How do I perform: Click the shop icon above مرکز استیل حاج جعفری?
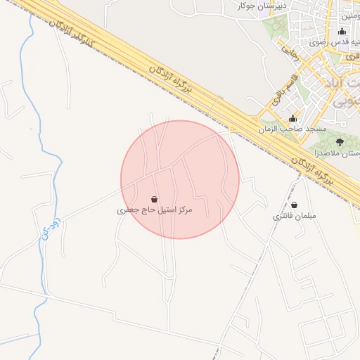pyautogui.click(x=154, y=199)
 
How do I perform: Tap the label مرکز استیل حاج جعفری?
pyautogui.click(x=154, y=210)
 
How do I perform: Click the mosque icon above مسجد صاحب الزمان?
pyautogui.click(x=293, y=118)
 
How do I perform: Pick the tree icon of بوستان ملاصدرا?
pyautogui.click(x=339, y=142)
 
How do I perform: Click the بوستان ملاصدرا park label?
pyautogui.click(x=337, y=153)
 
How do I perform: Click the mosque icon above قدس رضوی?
pyautogui.click(x=342, y=31)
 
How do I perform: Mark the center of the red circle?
pyautogui.click(x=180, y=179)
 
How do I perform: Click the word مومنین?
pyautogui.click(x=350, y=15)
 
